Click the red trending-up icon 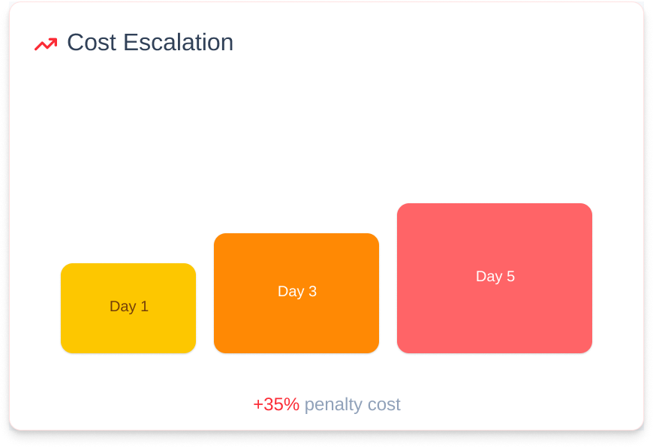(46, 43)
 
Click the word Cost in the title (92, 43)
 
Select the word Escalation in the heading (178, 43)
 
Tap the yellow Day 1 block (128, 308)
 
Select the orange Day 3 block (296, 293)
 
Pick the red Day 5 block (495, 278)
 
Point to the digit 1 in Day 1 (145, 306)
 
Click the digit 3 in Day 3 (312, 291)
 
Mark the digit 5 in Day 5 (510, 276)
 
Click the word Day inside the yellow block (123, 307)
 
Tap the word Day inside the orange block (291, 292)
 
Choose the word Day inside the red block (489, 277)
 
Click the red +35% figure (276, 404)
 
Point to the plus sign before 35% (257, 405)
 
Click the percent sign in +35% (292, 404)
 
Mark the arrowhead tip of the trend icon (56, 39)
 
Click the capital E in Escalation (131, 43)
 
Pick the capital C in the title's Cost (77, 43)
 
